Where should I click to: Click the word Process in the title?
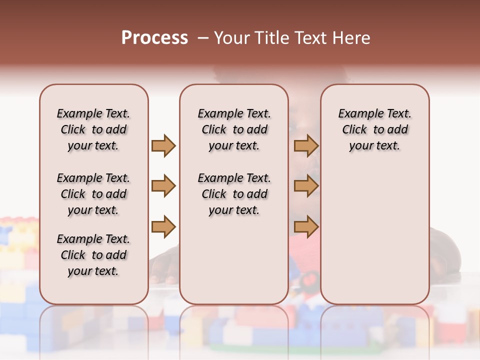154,38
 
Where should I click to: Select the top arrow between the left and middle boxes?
163,145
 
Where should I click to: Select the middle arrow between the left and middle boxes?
163,186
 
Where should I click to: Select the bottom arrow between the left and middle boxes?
163,226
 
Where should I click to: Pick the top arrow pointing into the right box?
306,145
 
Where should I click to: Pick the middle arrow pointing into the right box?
306,186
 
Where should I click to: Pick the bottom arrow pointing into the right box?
306,226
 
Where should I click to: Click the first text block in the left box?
93,129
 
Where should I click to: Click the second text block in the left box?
93,194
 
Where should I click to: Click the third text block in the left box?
93,255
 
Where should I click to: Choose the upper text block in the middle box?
234,129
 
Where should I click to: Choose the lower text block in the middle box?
234,194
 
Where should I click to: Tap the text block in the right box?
374,129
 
